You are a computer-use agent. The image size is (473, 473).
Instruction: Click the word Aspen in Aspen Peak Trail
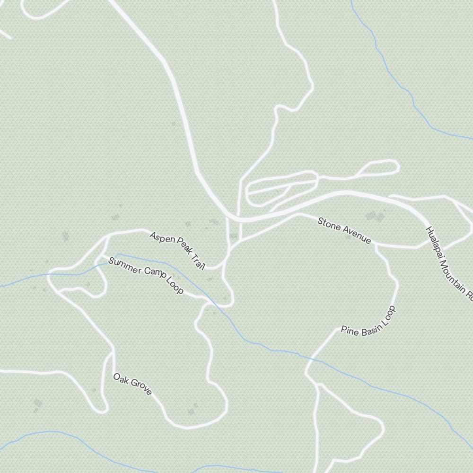pyautogui.click(x=162, y=237)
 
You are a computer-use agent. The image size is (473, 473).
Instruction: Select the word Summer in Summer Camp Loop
pyautogui.click(x=124, y=266)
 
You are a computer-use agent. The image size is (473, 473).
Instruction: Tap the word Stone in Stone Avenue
pyautogui.click(x=328, y=224)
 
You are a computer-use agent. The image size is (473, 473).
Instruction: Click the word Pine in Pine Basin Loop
pyautogui.click(x=348, y=330)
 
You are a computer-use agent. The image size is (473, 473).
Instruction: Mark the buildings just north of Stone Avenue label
pyautogui.click(x=375, y=217)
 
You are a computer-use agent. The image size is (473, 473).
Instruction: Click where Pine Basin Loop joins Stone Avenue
pyautogui.click(x=376, y=245)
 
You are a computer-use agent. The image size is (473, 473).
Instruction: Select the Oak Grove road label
pyautogui.click(x=132, y=384)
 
